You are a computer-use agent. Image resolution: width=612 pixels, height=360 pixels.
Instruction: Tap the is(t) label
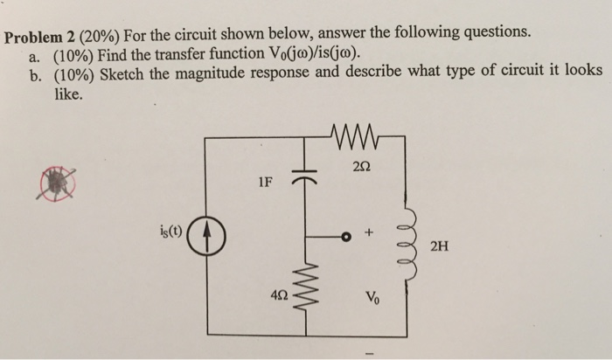170,232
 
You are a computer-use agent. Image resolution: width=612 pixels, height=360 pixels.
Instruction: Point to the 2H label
441,246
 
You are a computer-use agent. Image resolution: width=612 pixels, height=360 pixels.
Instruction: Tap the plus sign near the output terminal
368,234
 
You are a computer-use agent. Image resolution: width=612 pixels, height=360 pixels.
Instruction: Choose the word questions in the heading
494,32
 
